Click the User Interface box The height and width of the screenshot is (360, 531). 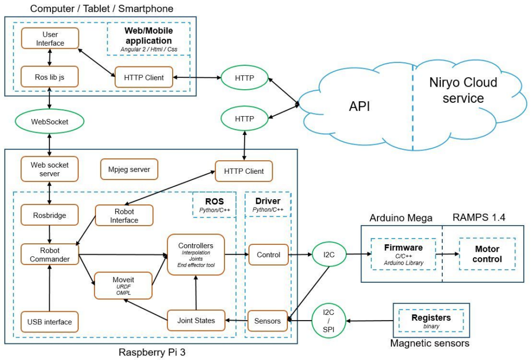pyautogui.click(x=50, y=38)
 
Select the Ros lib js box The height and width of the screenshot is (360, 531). pyautogui.click(x=50, y=77)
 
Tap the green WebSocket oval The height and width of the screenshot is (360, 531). pyautogui.click(x=49, y=122)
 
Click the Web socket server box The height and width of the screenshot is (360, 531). pyautogui.click(x=50, y=169)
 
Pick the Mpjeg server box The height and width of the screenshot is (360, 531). pyautogui.click(x=129, y=169)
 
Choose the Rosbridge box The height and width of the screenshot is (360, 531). pyautogui.click(x=50, y=215)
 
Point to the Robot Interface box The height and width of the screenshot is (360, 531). pyautogui.click(x=124, y=215)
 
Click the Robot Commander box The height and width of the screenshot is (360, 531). pyautogui.click(x=50, y=255)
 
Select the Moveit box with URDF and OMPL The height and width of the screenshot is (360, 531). pyautogui.click(x=123, y=285)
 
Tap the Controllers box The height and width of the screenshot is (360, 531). pyautogui.click(x=195, y=254)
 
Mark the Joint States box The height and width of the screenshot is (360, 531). pyautogui.click(x=195, y=321)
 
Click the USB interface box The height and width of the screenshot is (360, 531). pyautogui.click(x=50, y=322)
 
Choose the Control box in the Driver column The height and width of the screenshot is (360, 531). pyautogui.click(x=268, y=255)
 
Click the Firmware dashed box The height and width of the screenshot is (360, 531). pyautogui.click(x=403, y=254)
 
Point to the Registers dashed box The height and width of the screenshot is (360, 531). pyautogui.click(x=431, y=321)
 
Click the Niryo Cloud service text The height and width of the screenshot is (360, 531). pyautogui.click(x=463, y=90)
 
